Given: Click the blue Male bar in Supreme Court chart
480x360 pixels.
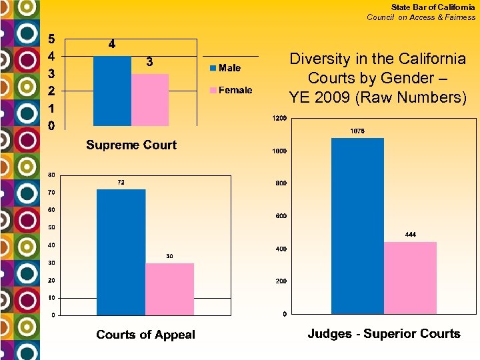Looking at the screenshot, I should click(x=112, y=91).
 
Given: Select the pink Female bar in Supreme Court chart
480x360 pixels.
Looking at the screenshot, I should click(x=150, y=100).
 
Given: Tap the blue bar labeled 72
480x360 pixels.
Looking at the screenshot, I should click(x=121, y=252).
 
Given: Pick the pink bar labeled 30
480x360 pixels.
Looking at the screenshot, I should click(x=169, y=289).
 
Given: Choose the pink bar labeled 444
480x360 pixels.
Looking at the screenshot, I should click(x=410, y=277).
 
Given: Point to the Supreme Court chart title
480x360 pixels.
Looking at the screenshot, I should click(x=131, y=145).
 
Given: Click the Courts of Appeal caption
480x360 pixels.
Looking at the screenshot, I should click(x=145, y=335).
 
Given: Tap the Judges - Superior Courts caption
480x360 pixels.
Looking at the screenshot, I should click(x=383, y=334).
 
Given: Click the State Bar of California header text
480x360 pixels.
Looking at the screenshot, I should click(x=433, y=7).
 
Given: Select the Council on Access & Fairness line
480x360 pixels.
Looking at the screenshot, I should click(x=421, y=17).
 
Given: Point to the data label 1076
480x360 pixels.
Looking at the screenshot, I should click(x=357, y=131).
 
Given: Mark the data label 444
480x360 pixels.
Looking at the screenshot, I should click(x=410, y=235).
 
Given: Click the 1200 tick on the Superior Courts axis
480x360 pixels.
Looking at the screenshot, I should click(x=279, y=119).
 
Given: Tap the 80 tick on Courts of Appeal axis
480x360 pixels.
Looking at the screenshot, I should click(x=51, y=175).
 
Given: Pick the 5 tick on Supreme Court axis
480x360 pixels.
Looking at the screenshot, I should click(x=51, y=37).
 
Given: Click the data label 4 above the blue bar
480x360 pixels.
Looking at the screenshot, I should click(x=111, y=45).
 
